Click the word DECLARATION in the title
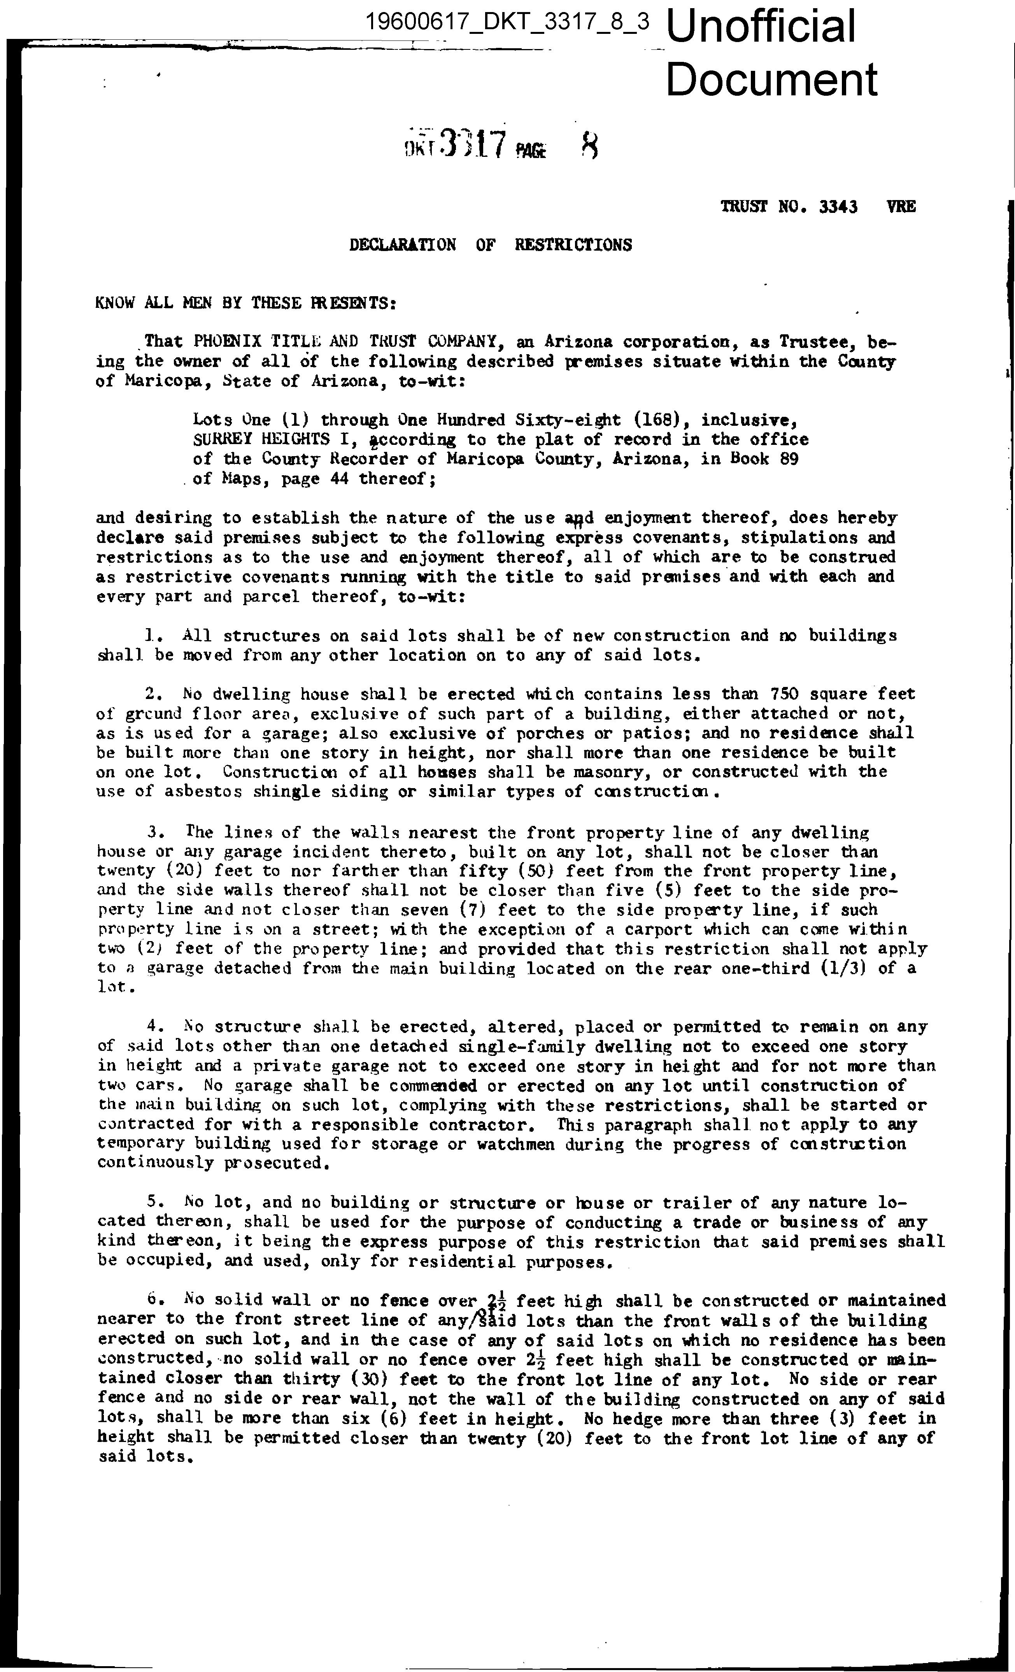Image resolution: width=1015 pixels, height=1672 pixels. click(x=402, y=245)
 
